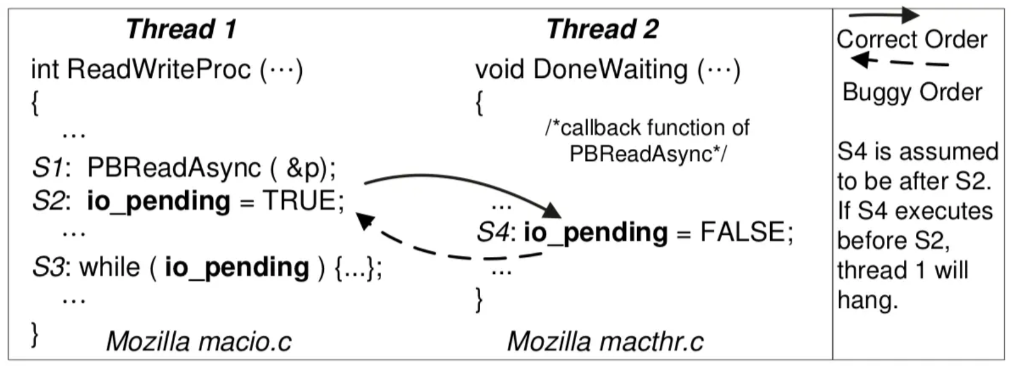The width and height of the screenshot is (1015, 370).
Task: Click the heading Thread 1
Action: (x=181, y=29)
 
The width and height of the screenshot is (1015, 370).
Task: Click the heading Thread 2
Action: (x=602, y=29)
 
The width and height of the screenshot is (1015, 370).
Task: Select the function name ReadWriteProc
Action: (x=159, y=69)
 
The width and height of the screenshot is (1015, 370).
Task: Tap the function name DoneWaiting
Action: (x=610, y=69)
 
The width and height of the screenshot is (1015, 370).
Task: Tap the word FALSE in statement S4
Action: (x=742, y=232)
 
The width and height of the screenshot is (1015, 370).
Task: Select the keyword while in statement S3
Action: (x=110, y=268)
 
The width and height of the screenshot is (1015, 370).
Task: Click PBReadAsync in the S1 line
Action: (x=174, y=168)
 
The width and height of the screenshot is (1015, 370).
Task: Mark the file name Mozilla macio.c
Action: (x=198, y=341)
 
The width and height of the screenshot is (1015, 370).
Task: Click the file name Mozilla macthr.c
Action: (x=605, y=341)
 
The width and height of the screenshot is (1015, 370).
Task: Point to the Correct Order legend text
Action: (x=911, y=40)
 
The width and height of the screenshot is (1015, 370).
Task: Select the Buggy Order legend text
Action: (x=911, y=92)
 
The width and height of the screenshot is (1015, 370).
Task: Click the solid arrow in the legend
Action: (x=883, y=14)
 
